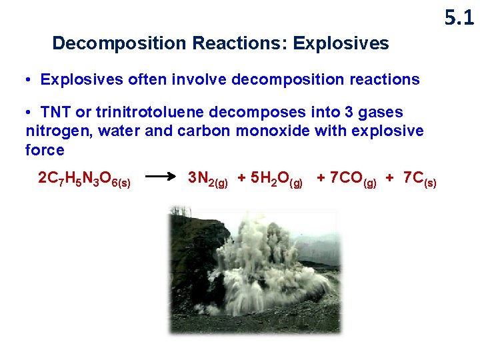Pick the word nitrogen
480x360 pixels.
click(x=56, y=131)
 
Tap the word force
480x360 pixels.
click(x=45, y=150)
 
